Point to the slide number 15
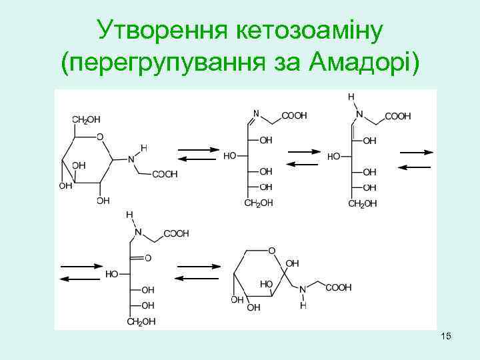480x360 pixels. point(446,337)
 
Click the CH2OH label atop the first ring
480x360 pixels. point(86,119)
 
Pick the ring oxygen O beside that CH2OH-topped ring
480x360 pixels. point(100,137)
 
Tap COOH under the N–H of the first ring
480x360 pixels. point(165,175)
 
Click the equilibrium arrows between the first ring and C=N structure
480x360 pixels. point(198,154)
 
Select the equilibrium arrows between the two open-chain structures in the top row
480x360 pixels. point(303,157)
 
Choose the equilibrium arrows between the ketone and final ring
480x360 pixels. point(197,272)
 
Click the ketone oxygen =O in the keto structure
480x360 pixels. point(147,257)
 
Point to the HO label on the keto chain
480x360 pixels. point(112,274)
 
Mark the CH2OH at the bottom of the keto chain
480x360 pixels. point(141,321)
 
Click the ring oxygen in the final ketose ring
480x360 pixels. point(272,251)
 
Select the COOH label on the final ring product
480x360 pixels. point(338,287)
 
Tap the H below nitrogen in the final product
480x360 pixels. point(303,306)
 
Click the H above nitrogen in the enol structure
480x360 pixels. point(351,97)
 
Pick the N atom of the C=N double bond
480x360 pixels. point(256,115)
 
